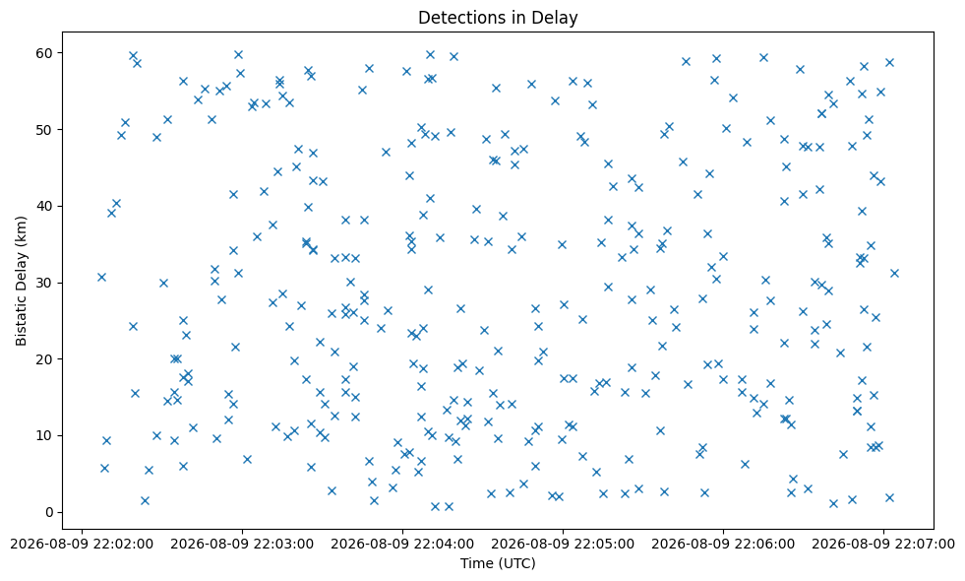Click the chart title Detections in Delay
coord(498,18)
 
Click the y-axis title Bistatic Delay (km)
coord(21,281)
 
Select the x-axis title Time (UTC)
coord(498,563)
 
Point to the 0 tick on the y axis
coord(50,513)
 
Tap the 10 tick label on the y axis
coord(46,435)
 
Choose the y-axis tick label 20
coord(46,359)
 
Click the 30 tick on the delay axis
coord(46,283)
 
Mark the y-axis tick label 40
coord(46,206)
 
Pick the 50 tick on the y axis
coord(46,129)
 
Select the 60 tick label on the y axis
coord(46,53)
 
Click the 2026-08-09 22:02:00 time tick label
coord(82,544)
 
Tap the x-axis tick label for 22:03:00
coord(243,544)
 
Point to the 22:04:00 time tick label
coord(402,544)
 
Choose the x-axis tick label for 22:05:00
coord(563,544)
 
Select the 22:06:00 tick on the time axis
coord(723,544)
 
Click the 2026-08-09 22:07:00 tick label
coord(883,544)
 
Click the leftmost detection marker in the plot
coord(101,278)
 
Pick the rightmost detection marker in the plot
coord(894,273)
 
